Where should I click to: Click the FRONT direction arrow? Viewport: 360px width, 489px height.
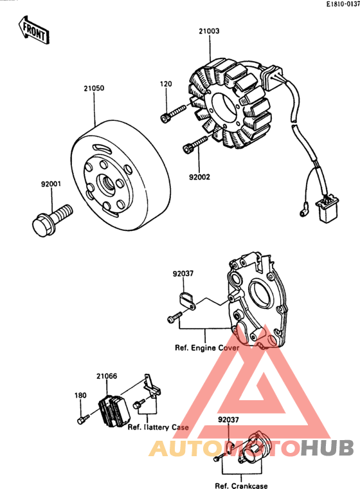[x=34, y=30]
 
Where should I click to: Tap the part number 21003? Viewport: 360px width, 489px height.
[x=209, y=31]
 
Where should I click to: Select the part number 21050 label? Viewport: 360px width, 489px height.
[x=94, y=88]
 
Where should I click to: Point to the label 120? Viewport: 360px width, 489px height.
[x=166, y=84]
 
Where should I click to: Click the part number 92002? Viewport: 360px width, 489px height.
[x=199, y=177]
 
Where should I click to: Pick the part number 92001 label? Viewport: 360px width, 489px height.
[x=51, y=184]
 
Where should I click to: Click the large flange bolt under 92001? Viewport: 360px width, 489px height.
[x=52, y=220]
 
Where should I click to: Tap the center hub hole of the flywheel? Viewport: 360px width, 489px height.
[x=106, y=185]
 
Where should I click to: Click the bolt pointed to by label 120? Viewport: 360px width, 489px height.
[x=174, y=114]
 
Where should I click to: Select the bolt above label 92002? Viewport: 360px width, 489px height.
[x=195, y=144]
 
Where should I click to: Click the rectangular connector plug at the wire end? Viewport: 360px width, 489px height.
[x=327, y=208]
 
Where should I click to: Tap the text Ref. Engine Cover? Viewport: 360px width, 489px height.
[x=206, y=347]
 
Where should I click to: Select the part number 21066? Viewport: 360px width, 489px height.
[x=107, y=376]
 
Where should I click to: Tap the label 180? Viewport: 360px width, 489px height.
[x=80, y=396]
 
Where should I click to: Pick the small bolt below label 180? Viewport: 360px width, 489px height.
[x=83, y=420]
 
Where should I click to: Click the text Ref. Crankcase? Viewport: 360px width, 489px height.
[x=241, y=485]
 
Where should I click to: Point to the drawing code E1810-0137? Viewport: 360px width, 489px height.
[x=343, y=4]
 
